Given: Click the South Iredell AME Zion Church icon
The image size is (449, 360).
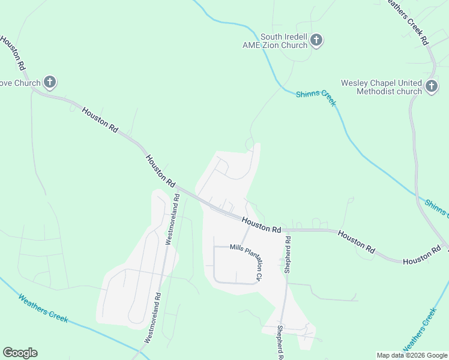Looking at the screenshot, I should tap(316, 41).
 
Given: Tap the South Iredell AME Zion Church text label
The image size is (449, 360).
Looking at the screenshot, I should tap(283, 41).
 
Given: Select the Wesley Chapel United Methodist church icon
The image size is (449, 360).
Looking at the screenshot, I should tap(431, 87).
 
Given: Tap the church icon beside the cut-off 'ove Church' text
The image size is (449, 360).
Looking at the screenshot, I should tap(49, 83).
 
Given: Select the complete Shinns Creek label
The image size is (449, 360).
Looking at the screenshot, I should tap(316, 98).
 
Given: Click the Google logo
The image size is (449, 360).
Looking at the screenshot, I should tap(20, 353).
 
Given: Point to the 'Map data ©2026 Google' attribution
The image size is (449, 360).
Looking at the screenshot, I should tap(412, 355).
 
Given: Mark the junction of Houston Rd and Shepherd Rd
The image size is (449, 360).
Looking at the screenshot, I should tap(285, 229).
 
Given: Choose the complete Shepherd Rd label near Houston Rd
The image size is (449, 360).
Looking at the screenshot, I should tap(288, 255).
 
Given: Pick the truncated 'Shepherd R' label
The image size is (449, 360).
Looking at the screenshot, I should tap(280, 343).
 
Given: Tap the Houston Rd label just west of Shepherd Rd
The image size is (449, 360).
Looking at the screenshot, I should tap(262, 225).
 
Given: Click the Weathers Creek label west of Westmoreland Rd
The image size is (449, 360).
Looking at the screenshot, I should tap(43, 308).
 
